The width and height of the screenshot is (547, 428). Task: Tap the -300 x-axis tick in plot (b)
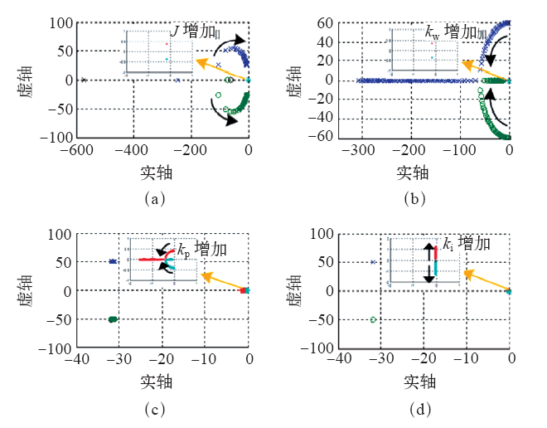[x=357, y=150]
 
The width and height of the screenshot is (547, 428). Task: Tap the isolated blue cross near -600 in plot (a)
[x=84, y=80]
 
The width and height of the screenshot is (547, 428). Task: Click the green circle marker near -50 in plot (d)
[x=373, y=319]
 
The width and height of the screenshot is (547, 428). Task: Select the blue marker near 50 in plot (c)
[x=113, y=262]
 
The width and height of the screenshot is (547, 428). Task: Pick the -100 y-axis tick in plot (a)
[x=57, y=137]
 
